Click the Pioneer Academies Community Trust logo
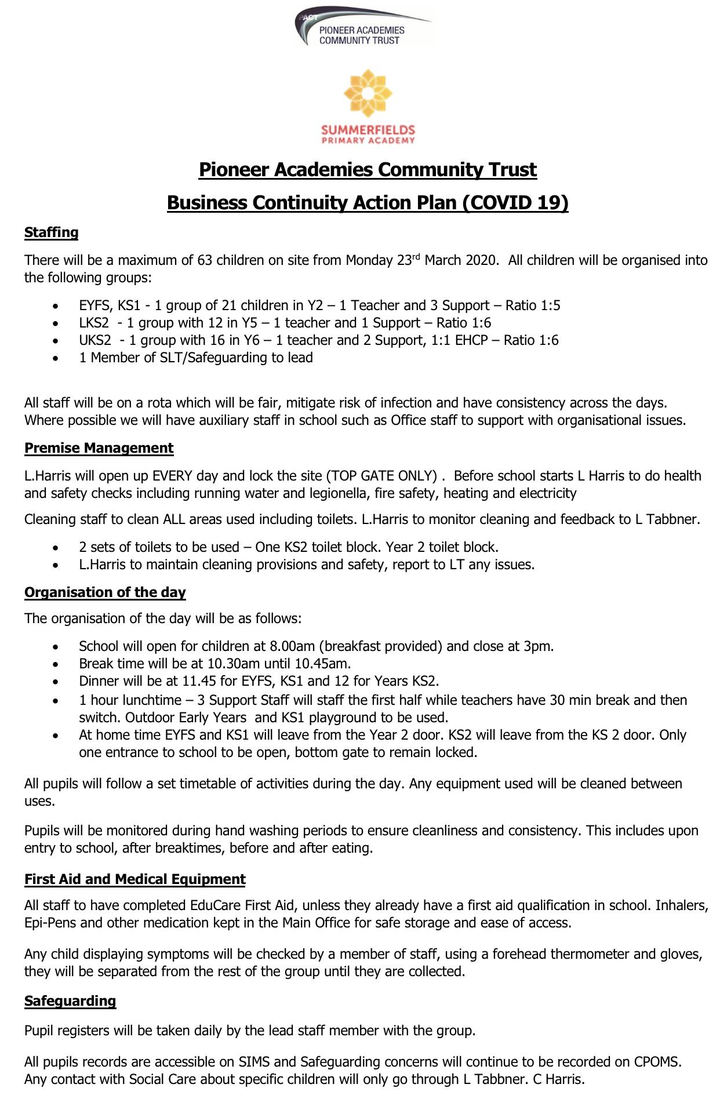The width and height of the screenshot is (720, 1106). coord(363,27)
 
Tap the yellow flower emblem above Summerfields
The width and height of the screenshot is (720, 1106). coord(368,93)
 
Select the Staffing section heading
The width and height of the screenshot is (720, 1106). coord(51,232)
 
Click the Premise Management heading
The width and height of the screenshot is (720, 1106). coord(99,448)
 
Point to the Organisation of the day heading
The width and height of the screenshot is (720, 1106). coord(105,592)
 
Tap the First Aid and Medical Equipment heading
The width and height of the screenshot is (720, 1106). coord(134,879)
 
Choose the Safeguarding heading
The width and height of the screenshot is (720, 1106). coord(70,1001)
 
